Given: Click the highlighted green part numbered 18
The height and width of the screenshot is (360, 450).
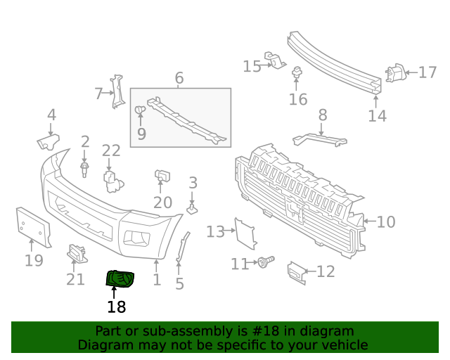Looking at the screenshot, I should pos(120,279).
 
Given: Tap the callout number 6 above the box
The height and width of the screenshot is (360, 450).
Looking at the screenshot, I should pos(179,78).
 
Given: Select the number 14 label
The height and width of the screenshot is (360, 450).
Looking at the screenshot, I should pos(378,116).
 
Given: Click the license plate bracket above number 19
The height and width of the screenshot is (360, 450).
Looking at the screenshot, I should pos(33,226).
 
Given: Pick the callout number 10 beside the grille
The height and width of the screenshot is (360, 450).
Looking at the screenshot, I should pos(386,222).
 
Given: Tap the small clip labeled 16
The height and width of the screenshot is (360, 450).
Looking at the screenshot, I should pos(297,72).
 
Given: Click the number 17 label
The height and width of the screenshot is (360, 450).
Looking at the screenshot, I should pos(427,72).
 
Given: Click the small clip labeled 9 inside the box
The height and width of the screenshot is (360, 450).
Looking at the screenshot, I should pos(140,110).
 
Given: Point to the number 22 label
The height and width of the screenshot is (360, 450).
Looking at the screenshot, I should pos(111,150).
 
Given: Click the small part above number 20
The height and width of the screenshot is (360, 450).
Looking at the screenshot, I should pos(161,176).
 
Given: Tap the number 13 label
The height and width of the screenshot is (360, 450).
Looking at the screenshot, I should pos(215,231).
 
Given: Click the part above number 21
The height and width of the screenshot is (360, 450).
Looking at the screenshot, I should pos(76,252).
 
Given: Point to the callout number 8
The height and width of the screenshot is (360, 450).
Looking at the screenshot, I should pos(323,115).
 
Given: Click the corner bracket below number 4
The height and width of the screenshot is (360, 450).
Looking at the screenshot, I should pos(48,142).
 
